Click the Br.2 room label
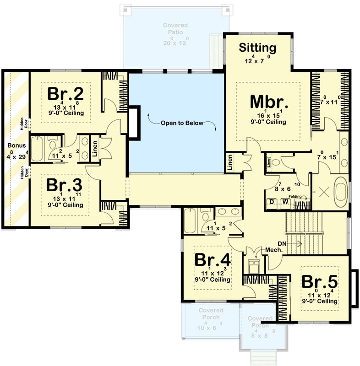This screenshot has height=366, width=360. tap(66, 94)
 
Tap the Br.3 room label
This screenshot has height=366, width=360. tap(65, 185)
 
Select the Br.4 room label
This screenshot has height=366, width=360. tap(212, 259)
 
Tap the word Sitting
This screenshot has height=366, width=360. tap(258, 48)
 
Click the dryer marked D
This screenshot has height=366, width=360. tap(272, 202)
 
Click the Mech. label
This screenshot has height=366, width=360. tap(273, 250)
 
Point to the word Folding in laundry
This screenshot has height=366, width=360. tap(295, 197)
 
